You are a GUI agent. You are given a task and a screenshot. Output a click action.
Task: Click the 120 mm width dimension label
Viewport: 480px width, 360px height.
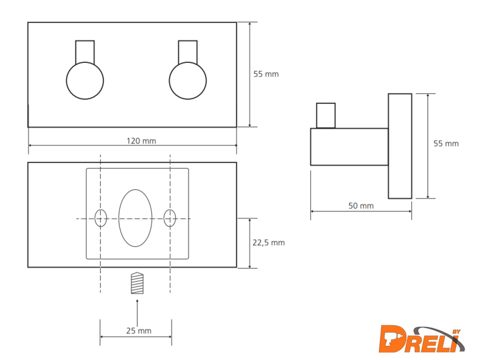142,141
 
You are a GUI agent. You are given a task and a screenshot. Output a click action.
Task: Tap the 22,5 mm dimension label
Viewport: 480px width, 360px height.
269,242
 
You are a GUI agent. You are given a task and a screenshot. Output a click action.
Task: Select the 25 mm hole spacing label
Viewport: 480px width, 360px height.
139,331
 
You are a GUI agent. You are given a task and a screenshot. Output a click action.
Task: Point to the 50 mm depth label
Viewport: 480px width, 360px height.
361,206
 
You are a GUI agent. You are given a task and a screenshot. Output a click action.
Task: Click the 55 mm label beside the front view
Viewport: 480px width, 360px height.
266,74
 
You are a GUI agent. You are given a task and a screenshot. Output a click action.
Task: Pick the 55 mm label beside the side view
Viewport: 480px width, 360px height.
446,143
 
